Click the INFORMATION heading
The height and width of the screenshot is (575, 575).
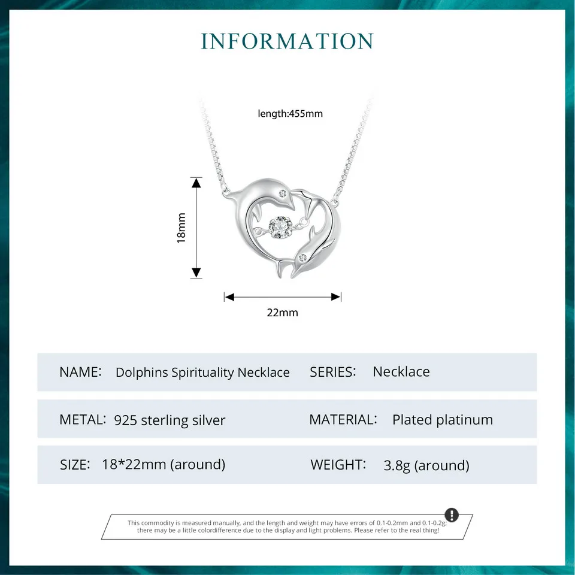click(287, 41)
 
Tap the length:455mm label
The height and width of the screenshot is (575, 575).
click(290, 113)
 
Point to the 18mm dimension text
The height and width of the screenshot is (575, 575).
click(181, 228)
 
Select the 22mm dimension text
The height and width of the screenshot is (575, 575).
click(282, 312)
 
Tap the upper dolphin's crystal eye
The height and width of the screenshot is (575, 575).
click(282, 193)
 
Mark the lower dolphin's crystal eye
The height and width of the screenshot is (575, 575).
click(303, 257)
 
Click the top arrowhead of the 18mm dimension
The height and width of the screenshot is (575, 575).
click(196, 182)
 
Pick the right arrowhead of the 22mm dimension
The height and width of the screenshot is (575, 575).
click(336, 296)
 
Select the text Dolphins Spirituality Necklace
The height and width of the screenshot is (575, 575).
click(202, 373)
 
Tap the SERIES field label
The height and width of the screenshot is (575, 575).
click(332, 372)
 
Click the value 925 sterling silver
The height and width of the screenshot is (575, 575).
click(170, 420)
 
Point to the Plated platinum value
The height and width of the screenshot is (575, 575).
click(443, 420)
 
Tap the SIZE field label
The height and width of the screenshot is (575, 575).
click(75, 464)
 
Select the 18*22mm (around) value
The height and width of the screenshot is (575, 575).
click(164, 464)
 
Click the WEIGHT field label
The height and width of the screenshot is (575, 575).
click(338, 464)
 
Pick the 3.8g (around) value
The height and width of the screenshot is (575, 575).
click(426, 465)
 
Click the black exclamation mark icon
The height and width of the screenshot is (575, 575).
click(452, 515)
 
